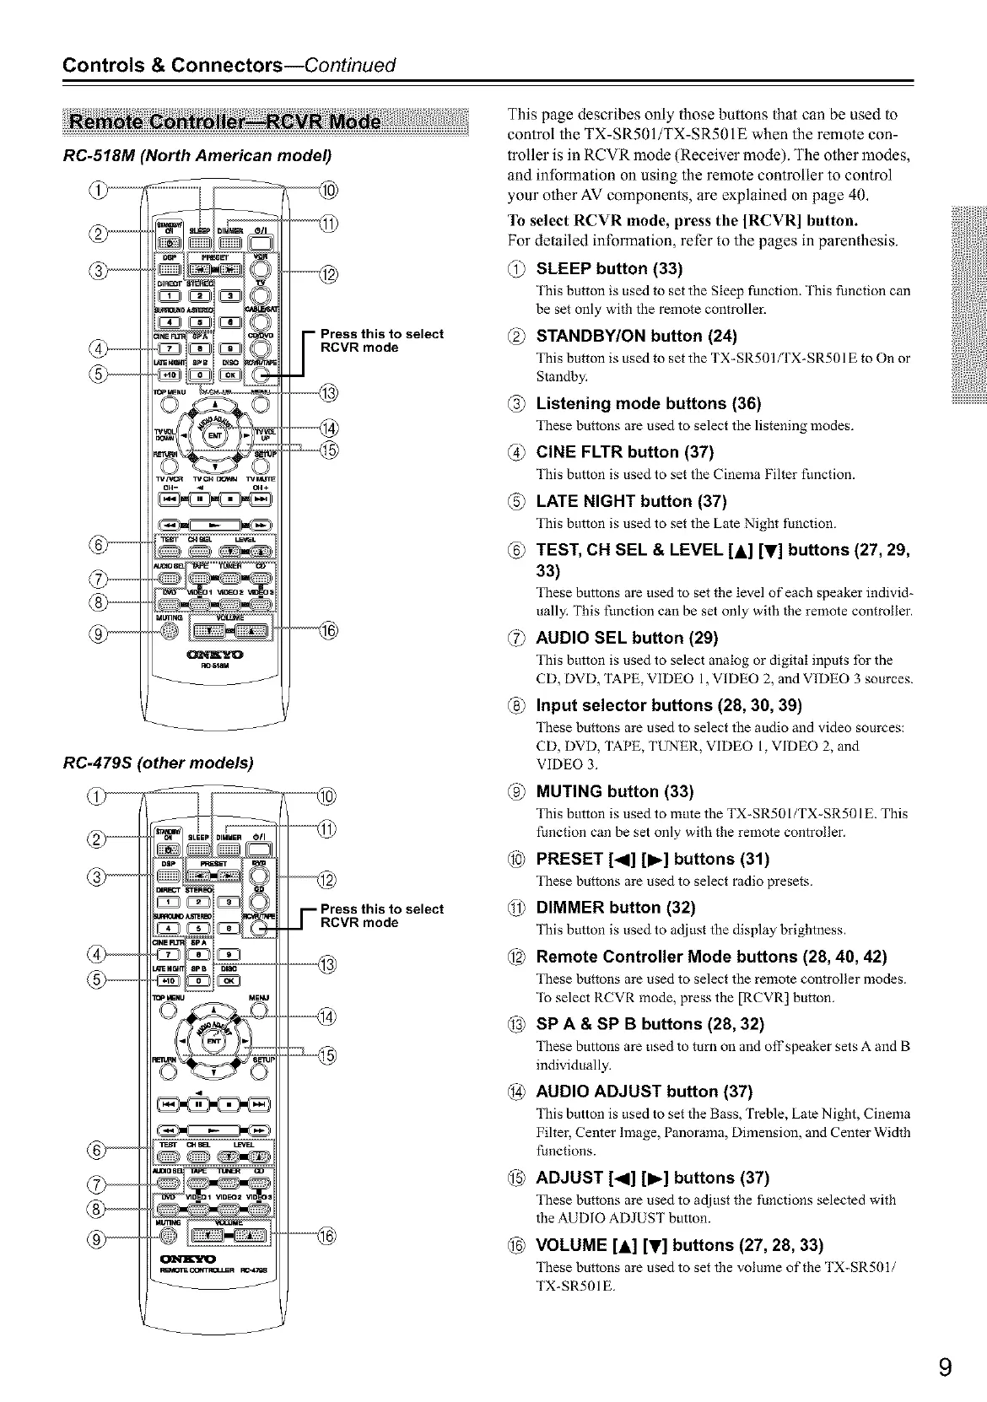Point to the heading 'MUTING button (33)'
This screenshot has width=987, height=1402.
click(x=615, y=791)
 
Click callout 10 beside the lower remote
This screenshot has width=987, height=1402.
click(x=328, y=795)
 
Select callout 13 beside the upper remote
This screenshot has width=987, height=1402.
click(x=328, y=392)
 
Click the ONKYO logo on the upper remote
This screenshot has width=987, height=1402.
click(x=209, y=654)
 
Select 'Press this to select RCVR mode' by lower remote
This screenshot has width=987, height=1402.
click(x=381, y=915)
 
